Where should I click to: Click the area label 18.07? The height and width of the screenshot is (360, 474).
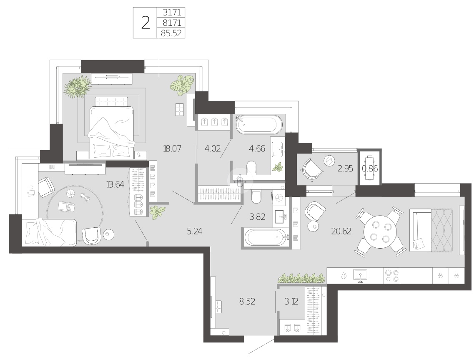coord(172,149)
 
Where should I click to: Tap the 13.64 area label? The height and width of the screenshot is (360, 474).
coord(115,184)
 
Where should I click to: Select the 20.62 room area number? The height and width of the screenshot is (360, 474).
coord(341,232)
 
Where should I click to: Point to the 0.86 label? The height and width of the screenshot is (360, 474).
coord(370,168)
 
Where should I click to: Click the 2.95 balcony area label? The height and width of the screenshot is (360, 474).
coord(345,169)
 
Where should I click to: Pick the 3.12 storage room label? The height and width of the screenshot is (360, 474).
coord(291,301)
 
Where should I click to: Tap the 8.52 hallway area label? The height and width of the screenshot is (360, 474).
coord(247,301)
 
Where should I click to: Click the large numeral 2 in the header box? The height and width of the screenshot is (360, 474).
coord(145,23)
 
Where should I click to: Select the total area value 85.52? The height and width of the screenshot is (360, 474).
coord(171,33)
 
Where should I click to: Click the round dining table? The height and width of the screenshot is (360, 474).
coord(380,232)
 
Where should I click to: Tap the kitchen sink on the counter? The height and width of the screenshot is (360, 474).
coord(360,276)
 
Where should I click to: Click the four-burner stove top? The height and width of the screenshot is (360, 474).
coord(392,276)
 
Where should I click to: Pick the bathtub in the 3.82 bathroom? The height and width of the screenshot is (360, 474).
coord(265,238)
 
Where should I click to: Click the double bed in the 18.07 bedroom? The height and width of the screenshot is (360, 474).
coord(111,127)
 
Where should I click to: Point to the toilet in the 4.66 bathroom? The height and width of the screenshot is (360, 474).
coord(251,167)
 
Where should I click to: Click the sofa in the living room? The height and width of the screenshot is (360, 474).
coord(431,230)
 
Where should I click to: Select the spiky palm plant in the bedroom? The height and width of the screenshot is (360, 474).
coord(78,86)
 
